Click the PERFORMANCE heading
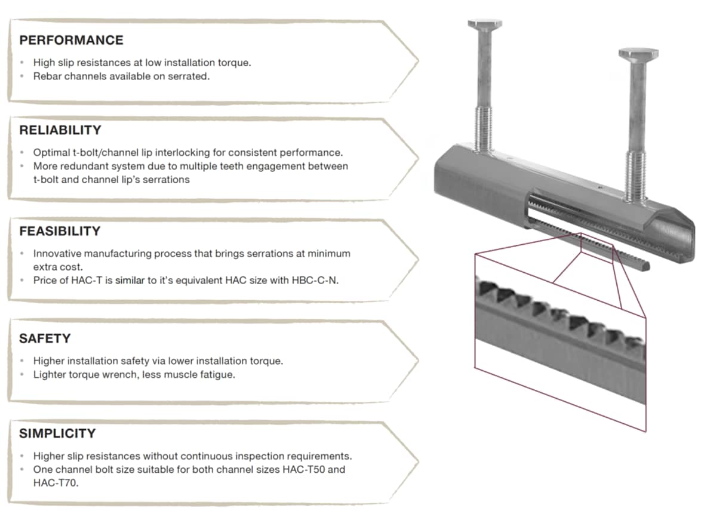[71, 41]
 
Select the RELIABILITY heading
[60, 130]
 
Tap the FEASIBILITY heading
[60, 231]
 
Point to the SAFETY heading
[45, 338]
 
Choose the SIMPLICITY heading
[57, 433]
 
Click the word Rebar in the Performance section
[47, 76]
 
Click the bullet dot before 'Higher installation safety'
[22, 361]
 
